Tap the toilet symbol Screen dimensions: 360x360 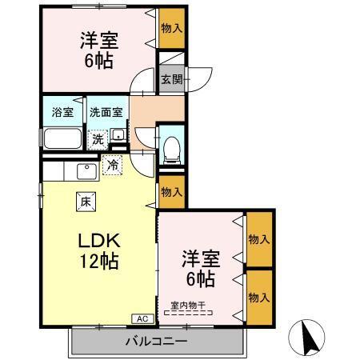click(x=170, y=146)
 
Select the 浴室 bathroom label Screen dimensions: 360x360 click(x=63, y=113)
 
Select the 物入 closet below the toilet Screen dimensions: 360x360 click(x=170, y=192)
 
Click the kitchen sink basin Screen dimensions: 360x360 click(x=85, y=170)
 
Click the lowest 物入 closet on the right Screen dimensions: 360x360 click(x=258, y=296)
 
